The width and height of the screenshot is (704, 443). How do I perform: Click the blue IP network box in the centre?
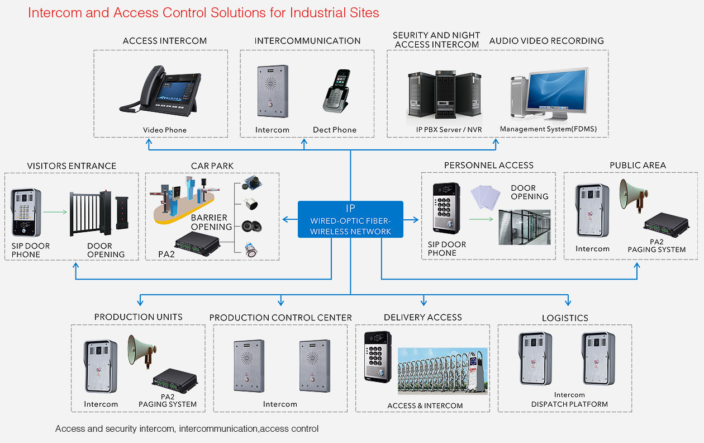[350, 219]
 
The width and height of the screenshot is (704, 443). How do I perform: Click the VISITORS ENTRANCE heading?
[72, 166]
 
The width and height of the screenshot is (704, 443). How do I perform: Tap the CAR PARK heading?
[212, 166]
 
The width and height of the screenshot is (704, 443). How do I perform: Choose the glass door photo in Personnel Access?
[525, 227]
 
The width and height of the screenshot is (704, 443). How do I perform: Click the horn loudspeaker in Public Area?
[633, 197]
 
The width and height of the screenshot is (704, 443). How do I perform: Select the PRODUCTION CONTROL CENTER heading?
[280, 318]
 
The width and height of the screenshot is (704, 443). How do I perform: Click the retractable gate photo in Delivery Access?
[443, 371]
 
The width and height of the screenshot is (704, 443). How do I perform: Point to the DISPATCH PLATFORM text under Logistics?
[569, 404]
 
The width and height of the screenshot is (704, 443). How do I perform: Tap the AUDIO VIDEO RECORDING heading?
[546, 41]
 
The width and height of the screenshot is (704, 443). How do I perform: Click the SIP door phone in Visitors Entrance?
[26, 212]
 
